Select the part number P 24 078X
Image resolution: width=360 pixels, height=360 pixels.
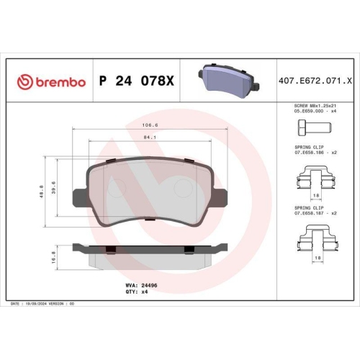137,81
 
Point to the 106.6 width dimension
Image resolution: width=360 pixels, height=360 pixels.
150,125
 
